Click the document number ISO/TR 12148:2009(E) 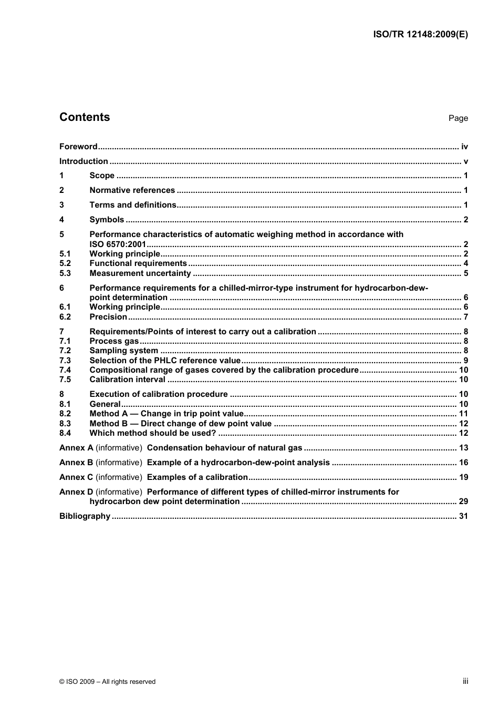(420, 34)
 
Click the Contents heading (85, 117)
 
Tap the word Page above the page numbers (458, 118)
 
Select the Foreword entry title (78, 147)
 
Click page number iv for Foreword (464, 147)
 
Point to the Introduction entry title (84, 161)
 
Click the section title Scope (102, 176)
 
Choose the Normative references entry (132, 190)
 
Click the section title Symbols (107, 220)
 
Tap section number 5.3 (65, 273)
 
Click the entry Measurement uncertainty (140, 273)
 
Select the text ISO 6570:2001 (118, 244)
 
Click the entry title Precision (108, 317)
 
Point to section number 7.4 (65, 370)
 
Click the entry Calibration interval (127, 380)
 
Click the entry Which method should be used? (152, 433)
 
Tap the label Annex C (76, 477)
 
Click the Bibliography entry (85, 516)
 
